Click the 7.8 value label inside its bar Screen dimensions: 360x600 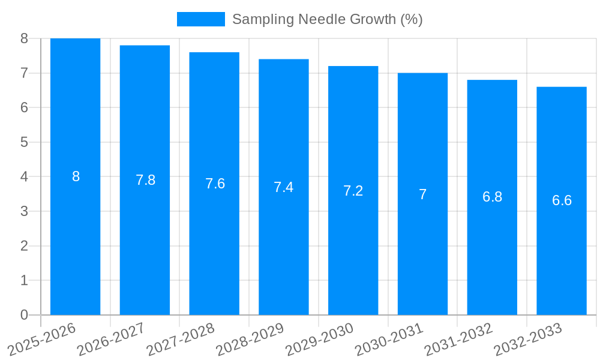[x=145, y=180]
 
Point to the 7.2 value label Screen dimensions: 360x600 [x=353, y=191]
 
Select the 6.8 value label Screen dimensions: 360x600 [x=492, y=197]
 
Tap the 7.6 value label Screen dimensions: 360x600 [x=215, y=184]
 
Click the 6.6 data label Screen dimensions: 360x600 [x=562, y=200]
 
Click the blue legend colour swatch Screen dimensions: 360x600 [x=200, y=19]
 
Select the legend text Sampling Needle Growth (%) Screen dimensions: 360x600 [x=327, y=19]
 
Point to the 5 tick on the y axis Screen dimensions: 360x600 [x=25, y=142]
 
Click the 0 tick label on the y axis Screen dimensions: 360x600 [x=25, y=315]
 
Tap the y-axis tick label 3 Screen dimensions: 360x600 [x=25, y=211]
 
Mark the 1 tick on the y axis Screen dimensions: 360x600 [x=25, y=280]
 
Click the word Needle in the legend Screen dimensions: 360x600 [x=317, y=19]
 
